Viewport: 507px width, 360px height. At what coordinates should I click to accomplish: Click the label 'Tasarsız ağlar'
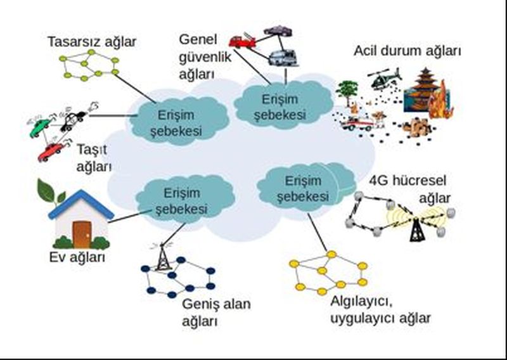pos(92,42)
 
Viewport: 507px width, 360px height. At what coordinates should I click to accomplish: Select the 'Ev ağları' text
pos(77,257)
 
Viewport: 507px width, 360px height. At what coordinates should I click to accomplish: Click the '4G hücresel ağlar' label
pos(409,189)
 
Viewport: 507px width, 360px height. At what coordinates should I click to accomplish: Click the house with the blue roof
pos(80,219)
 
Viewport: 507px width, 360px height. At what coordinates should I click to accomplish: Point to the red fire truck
pos(241,41)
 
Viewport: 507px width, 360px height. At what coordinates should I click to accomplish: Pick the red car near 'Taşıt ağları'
pos(51,151)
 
